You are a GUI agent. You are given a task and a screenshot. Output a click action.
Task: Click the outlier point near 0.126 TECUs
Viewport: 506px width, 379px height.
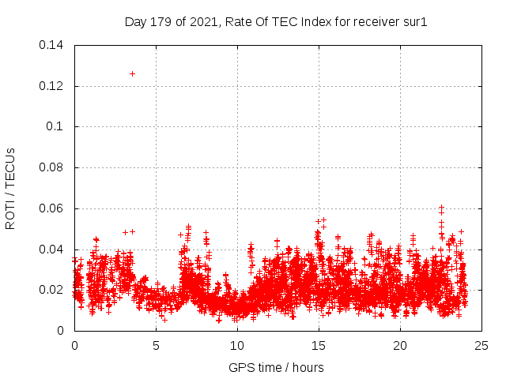[132, 73]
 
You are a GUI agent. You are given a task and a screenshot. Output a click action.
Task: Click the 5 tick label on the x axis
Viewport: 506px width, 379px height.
[156, 345]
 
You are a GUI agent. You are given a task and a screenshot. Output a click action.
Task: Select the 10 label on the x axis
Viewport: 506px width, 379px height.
[237, 345]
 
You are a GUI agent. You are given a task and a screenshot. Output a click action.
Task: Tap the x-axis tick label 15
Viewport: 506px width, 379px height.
[319, 345]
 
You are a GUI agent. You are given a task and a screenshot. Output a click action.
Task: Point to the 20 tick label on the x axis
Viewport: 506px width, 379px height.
[400, 345]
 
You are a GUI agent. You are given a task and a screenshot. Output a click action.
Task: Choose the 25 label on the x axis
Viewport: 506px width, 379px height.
[481, 345]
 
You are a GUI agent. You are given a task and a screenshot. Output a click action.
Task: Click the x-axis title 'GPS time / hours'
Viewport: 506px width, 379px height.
[276, 367]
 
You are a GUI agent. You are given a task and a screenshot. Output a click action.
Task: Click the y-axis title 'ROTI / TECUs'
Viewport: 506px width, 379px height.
[11, 188]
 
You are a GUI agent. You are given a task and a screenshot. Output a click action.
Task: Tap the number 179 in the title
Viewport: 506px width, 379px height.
[162, 22]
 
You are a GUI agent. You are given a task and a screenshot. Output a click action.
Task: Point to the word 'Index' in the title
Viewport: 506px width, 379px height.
[306, 22]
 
